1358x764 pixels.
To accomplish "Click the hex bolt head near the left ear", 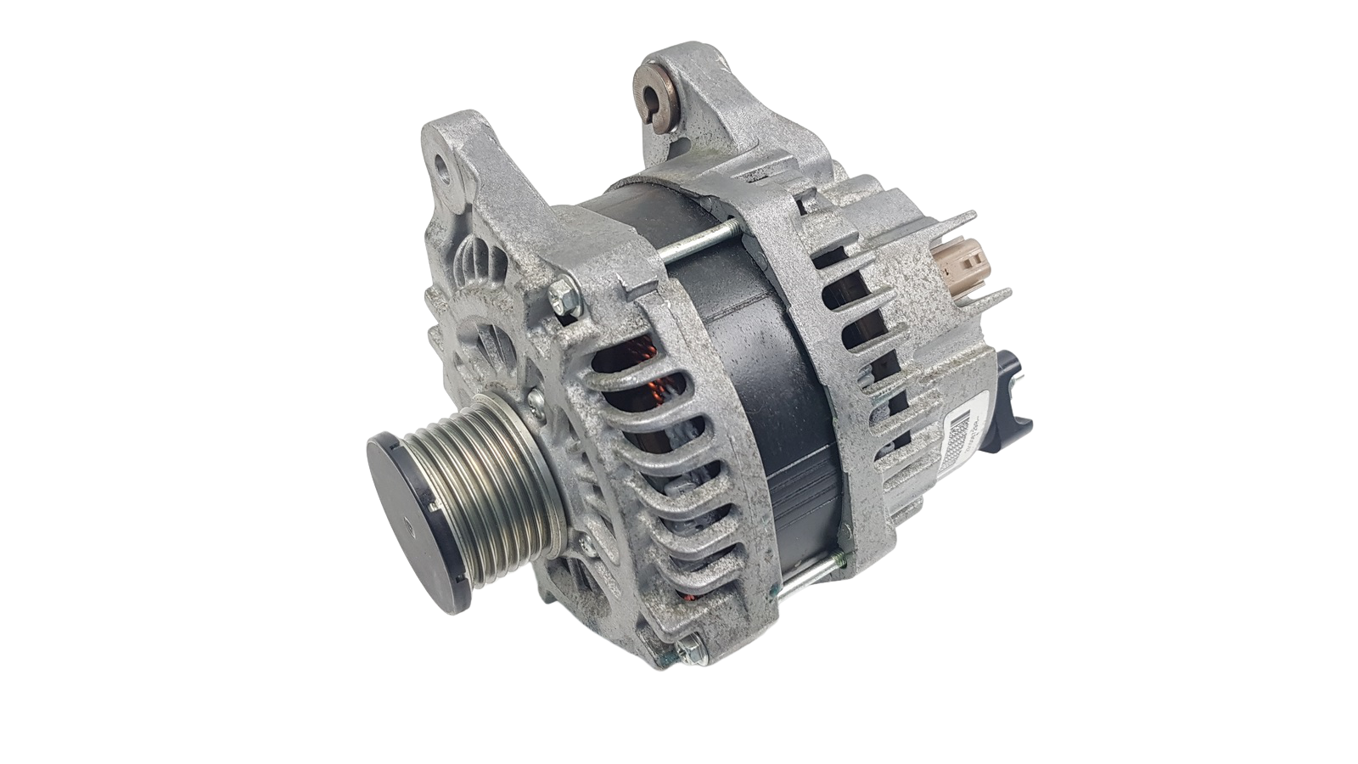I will (561, 298).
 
